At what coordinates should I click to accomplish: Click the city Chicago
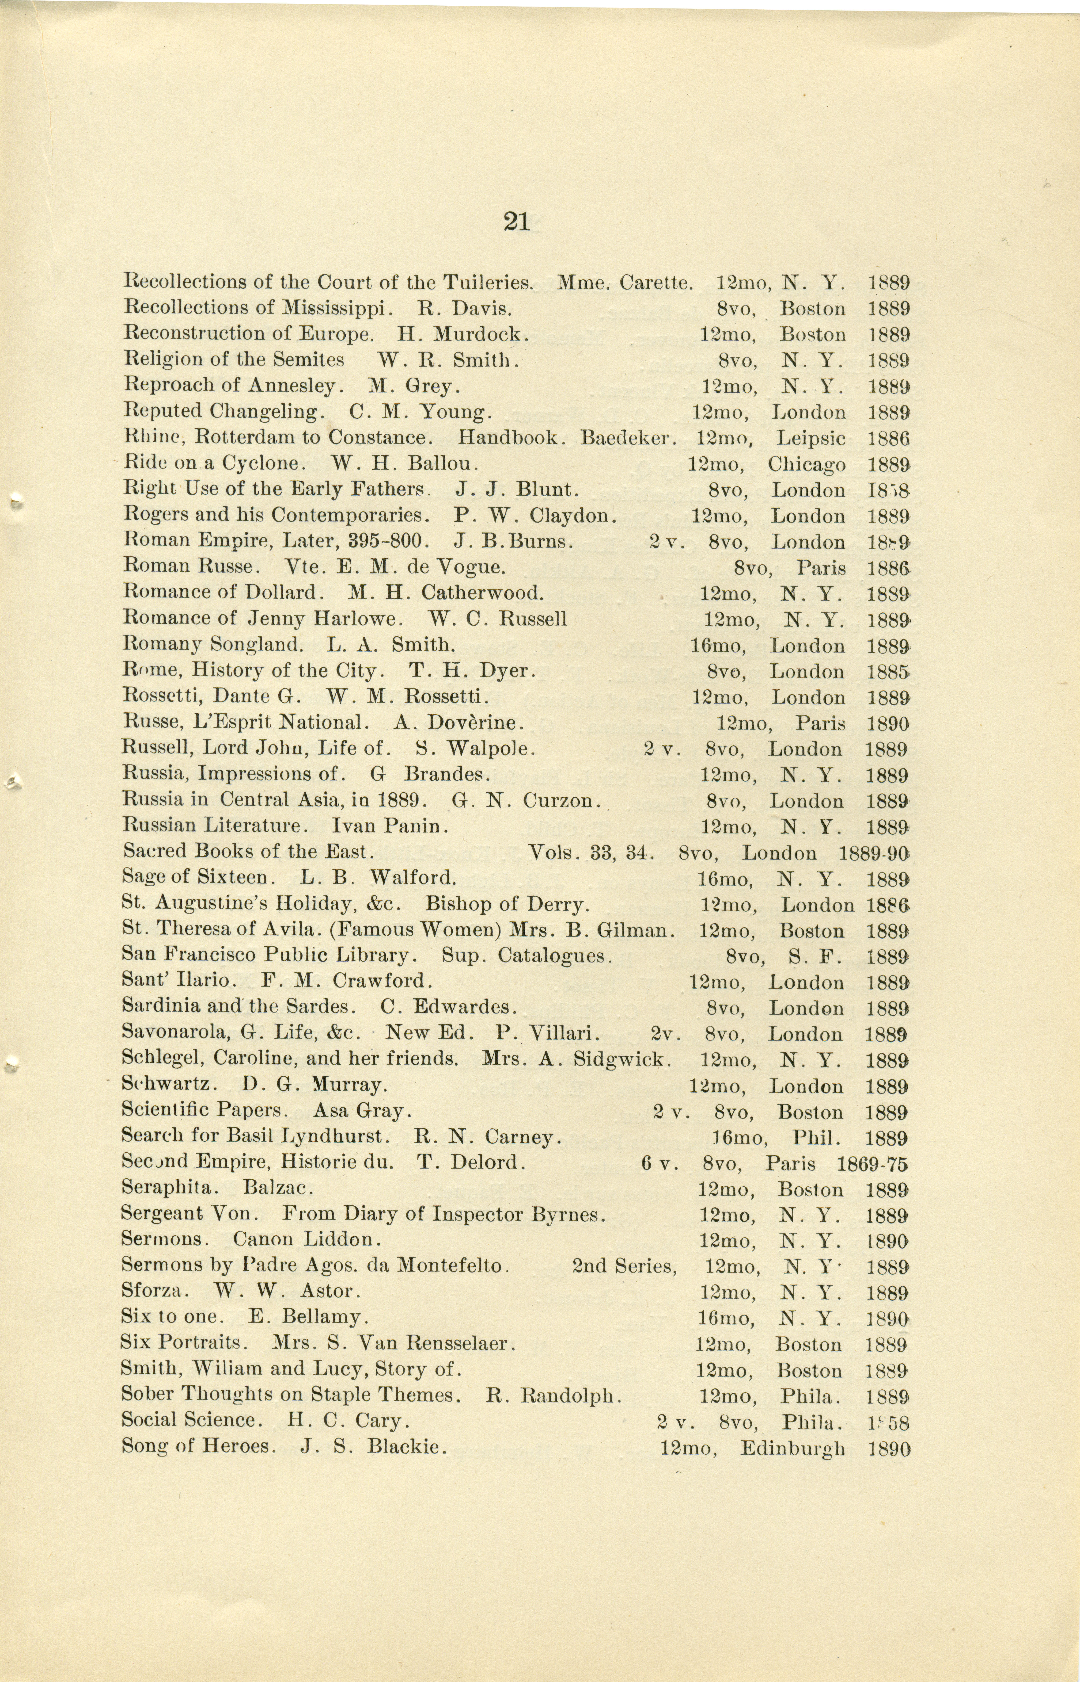tap(807, 465)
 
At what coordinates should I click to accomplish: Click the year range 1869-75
tap(872, 1164)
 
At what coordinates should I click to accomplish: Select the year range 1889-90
tap(874, 853)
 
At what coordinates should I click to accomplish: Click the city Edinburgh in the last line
tap(792, 1448)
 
